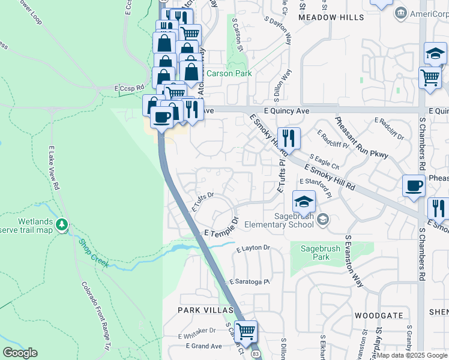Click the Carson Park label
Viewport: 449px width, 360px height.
[229, 73]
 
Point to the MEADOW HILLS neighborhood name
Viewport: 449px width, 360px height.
[331, 18]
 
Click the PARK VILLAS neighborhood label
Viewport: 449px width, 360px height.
[205, 310]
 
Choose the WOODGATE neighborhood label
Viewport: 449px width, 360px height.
[378, 315]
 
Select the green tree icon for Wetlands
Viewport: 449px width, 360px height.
[61, 224]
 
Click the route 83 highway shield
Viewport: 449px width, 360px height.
[256, 355]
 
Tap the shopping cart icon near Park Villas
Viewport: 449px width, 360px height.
[246, 331]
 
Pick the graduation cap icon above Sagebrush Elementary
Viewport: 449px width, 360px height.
[304, 201]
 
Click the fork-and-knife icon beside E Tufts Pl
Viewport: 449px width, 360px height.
[289, 139]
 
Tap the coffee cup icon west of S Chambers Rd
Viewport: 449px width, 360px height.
[414, 186]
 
